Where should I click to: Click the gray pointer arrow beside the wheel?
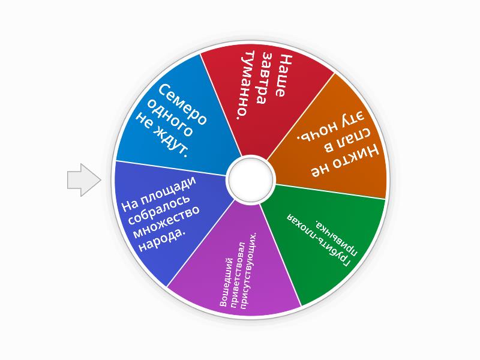(84, 180)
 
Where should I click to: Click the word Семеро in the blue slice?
(183, 104)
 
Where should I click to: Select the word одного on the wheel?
(170, 118)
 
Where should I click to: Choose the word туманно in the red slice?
(247, 85)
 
